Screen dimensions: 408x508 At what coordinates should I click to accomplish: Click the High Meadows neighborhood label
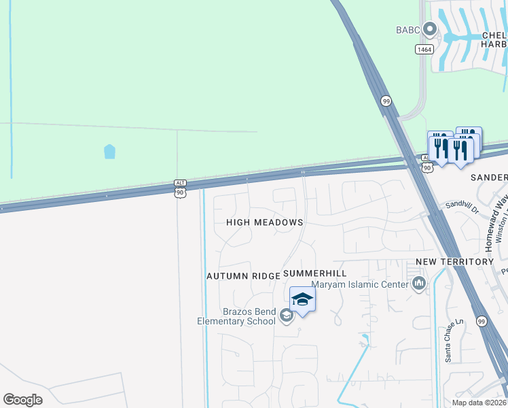click(x=264, y=222)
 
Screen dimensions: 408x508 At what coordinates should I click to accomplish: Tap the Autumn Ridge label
click(x=243, y=276)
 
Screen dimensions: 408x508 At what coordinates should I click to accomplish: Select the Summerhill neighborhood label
click(x=315, y=273)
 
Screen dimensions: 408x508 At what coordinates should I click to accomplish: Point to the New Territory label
click(x=454, y=262)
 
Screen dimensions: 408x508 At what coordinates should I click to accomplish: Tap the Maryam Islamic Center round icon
click(x=418, y=284)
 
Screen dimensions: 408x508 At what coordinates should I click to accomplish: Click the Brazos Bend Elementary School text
click(x=236, y=316)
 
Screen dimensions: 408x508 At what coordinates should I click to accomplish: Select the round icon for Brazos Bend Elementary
click(x=286, y=315)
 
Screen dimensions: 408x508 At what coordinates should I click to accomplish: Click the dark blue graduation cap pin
click(x=302, y=299)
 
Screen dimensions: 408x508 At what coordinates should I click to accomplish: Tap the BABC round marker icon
click(x=429, y=29)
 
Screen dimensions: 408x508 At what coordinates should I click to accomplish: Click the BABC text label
click(x=408, y=30)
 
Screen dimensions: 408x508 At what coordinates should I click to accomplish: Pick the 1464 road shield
click(x=424, y=49)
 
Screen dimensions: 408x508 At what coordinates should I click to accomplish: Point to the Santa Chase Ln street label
click(x=448, y=343)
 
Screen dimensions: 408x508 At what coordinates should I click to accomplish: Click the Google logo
click(x=22, y=400)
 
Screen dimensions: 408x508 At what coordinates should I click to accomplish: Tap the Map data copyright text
click(x=479, y=403)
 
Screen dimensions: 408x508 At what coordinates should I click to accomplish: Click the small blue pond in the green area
click(x=109, y=151)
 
